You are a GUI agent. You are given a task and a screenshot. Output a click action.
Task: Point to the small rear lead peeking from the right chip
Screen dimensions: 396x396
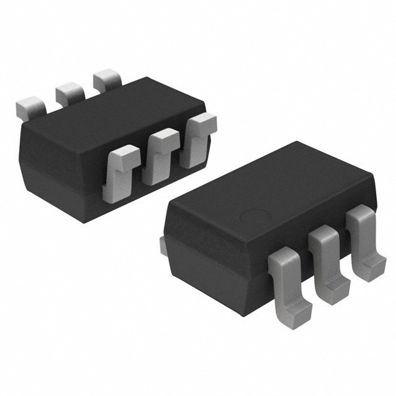click(163, 245)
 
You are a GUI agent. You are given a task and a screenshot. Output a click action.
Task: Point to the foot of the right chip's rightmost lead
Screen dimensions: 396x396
click(374, 264)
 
